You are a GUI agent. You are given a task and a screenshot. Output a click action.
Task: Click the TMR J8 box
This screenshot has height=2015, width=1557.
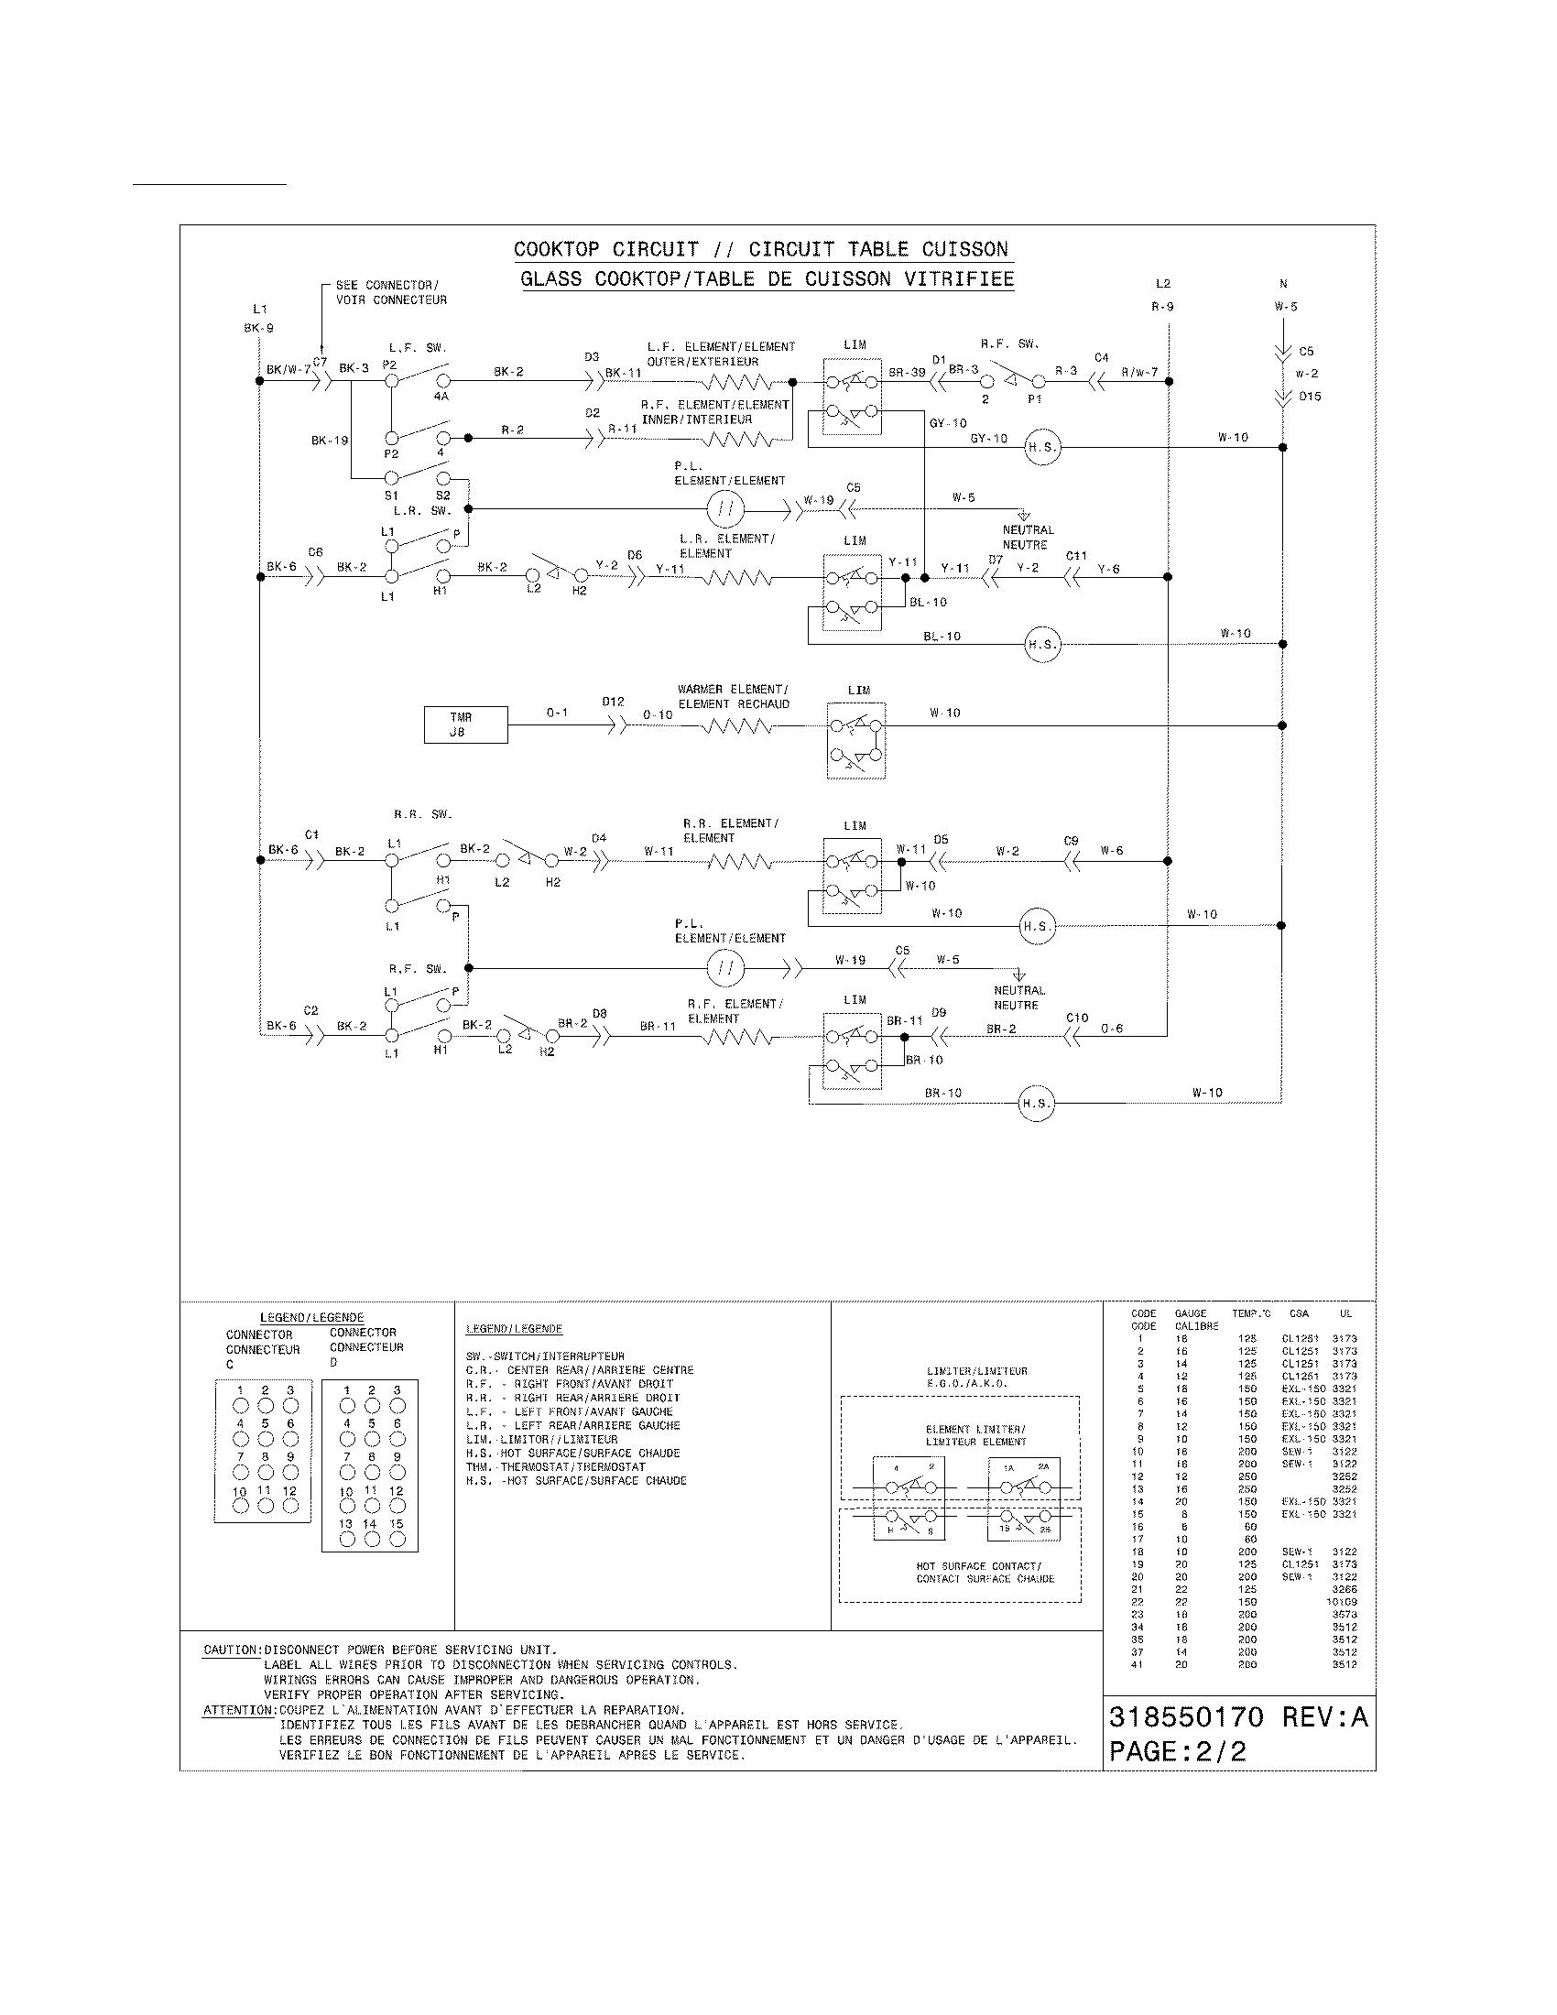(x=465, y=724)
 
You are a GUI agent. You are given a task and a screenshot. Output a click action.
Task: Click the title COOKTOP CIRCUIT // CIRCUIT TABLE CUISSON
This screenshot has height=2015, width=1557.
(x=761, y=249)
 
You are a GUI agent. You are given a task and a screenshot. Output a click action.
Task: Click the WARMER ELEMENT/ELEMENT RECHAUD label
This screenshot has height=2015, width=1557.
(x=734, y=697)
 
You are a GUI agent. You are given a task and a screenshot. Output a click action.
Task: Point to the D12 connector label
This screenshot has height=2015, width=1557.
(x=614, y=702)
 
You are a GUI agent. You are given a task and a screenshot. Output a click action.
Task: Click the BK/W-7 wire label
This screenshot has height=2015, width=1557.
(x=289, y=370)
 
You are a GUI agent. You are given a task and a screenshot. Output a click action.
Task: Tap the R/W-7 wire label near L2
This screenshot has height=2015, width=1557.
(x=1139, y=372)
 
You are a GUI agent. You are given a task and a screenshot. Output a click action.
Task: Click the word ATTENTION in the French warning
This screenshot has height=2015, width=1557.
(x=239, y=1711)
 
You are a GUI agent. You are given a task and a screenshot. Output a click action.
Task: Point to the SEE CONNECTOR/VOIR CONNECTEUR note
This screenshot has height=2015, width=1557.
(x=391, y=292)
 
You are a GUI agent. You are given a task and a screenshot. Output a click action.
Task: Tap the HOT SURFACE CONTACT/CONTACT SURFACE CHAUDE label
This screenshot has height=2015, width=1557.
(x=985, y=1572)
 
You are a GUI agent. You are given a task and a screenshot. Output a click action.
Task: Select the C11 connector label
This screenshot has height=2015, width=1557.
(x=1076, y=556)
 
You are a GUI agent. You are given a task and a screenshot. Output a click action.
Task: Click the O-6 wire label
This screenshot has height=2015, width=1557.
(x=1112, y=1029)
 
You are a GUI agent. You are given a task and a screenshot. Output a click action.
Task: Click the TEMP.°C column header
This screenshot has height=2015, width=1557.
(x=1251, y=1312)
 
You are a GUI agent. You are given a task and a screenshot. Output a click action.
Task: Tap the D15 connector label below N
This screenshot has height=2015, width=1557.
(x=1310, y=397)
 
